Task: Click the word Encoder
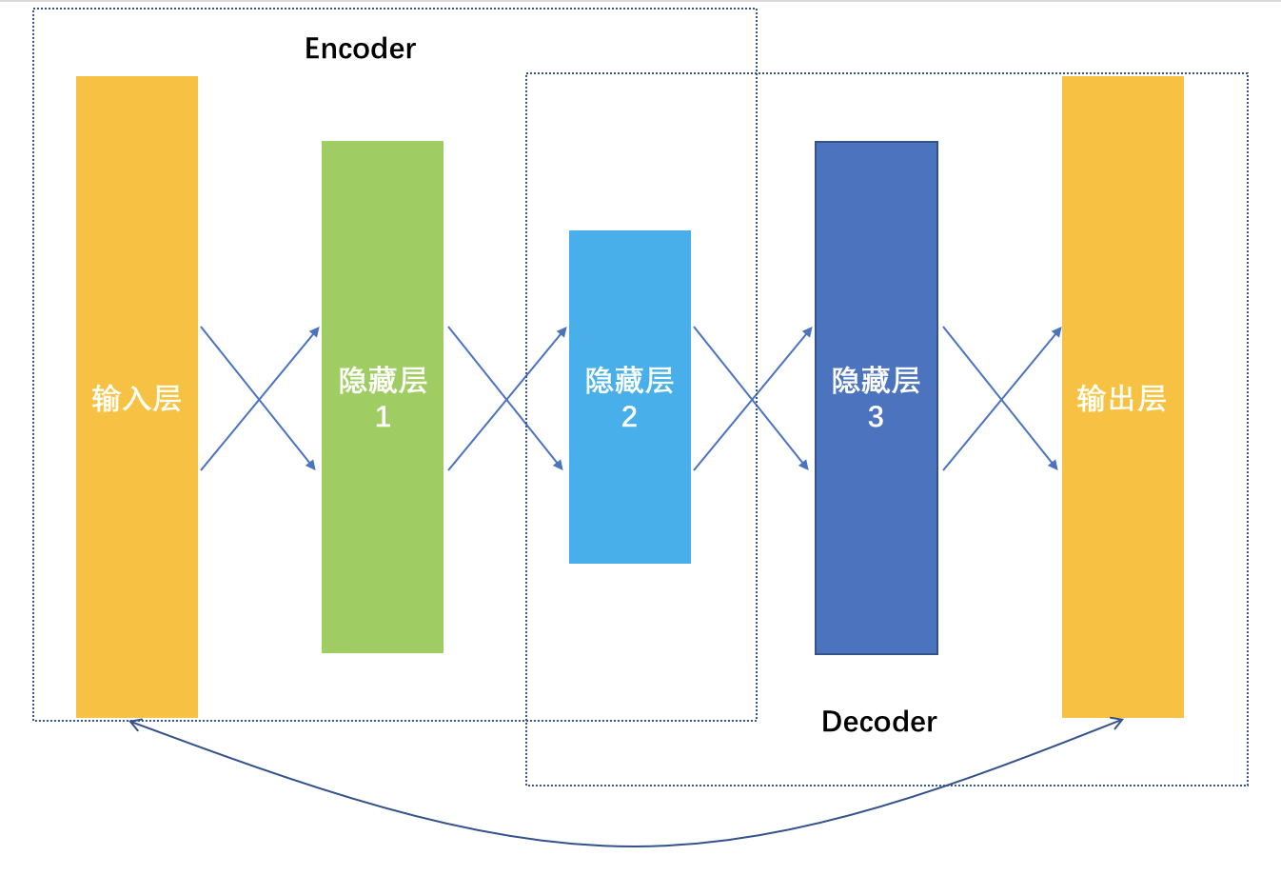[x=360, y=49]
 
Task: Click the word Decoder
[x=878, y=722]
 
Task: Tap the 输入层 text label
[x=137, y=398]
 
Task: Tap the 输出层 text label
[x=1121, y=398]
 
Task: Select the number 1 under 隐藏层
[x=383, y=417]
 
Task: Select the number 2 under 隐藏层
[x=629, y=417]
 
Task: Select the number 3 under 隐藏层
[x=876, y=417]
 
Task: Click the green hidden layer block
[x=383, y=552]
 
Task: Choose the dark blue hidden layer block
[x=876, y=552]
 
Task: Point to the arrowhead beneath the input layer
[x=132, y=723]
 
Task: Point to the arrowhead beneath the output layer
[x=1120, y=722]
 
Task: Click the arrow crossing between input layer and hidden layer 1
[x=258, y=399]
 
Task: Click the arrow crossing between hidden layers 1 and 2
[x=506, y=399]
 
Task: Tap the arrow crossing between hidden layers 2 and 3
[x=753, y=399]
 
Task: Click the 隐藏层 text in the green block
[x=383, y=381]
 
